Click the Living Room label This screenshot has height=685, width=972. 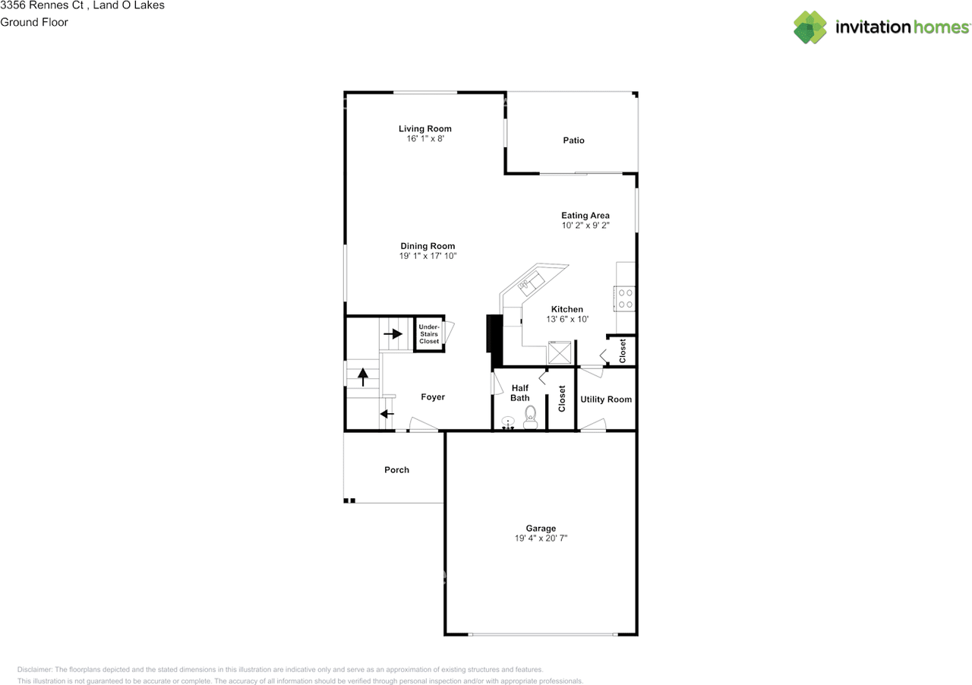pyautogui.click(x=424, y=128)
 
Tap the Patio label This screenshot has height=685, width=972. pyautogui.click(x=573, y=140)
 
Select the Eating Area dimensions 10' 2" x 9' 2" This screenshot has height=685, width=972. pyautogui.click(x=585, y=225)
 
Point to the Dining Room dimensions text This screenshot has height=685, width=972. pyautogui.click(x=428, y=256)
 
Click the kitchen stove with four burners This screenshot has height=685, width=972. pyautogui.click(x=624, y=298)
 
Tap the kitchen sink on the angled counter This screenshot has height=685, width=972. pyautogui.click(x=531, y=283)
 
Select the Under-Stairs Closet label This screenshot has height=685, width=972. pyautogui.click(x=429, y=334)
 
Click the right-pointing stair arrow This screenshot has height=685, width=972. pyautogui.click(x=393, y=334)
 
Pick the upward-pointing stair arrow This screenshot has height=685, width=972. pyautogui.click(x=363, y=377)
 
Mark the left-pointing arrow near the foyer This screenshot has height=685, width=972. pyautogui.click(x=387, y=414)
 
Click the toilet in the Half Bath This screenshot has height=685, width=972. pyautogui.click(x=530, y=418)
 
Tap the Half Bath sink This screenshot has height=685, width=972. pyautogui.click(x=508, y=422)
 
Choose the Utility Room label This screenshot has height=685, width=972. pyautogui.click(x=606, y=399)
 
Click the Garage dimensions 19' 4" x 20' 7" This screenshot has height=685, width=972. pyautogui.click(x=541, y=538)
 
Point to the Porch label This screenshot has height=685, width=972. pyautogui.click(x=396, y=469)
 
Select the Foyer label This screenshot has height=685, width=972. pyautogui.click(x=433, y=396)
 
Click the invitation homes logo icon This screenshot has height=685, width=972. pyautogui.click(x=809, y=27)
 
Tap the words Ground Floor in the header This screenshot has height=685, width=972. pyautogui.click(x=34, y=22)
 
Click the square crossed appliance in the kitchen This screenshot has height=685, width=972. pyautogui.click(x=560, y=352)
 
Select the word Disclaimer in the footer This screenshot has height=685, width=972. pyautogui.click(x=34, y=669)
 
